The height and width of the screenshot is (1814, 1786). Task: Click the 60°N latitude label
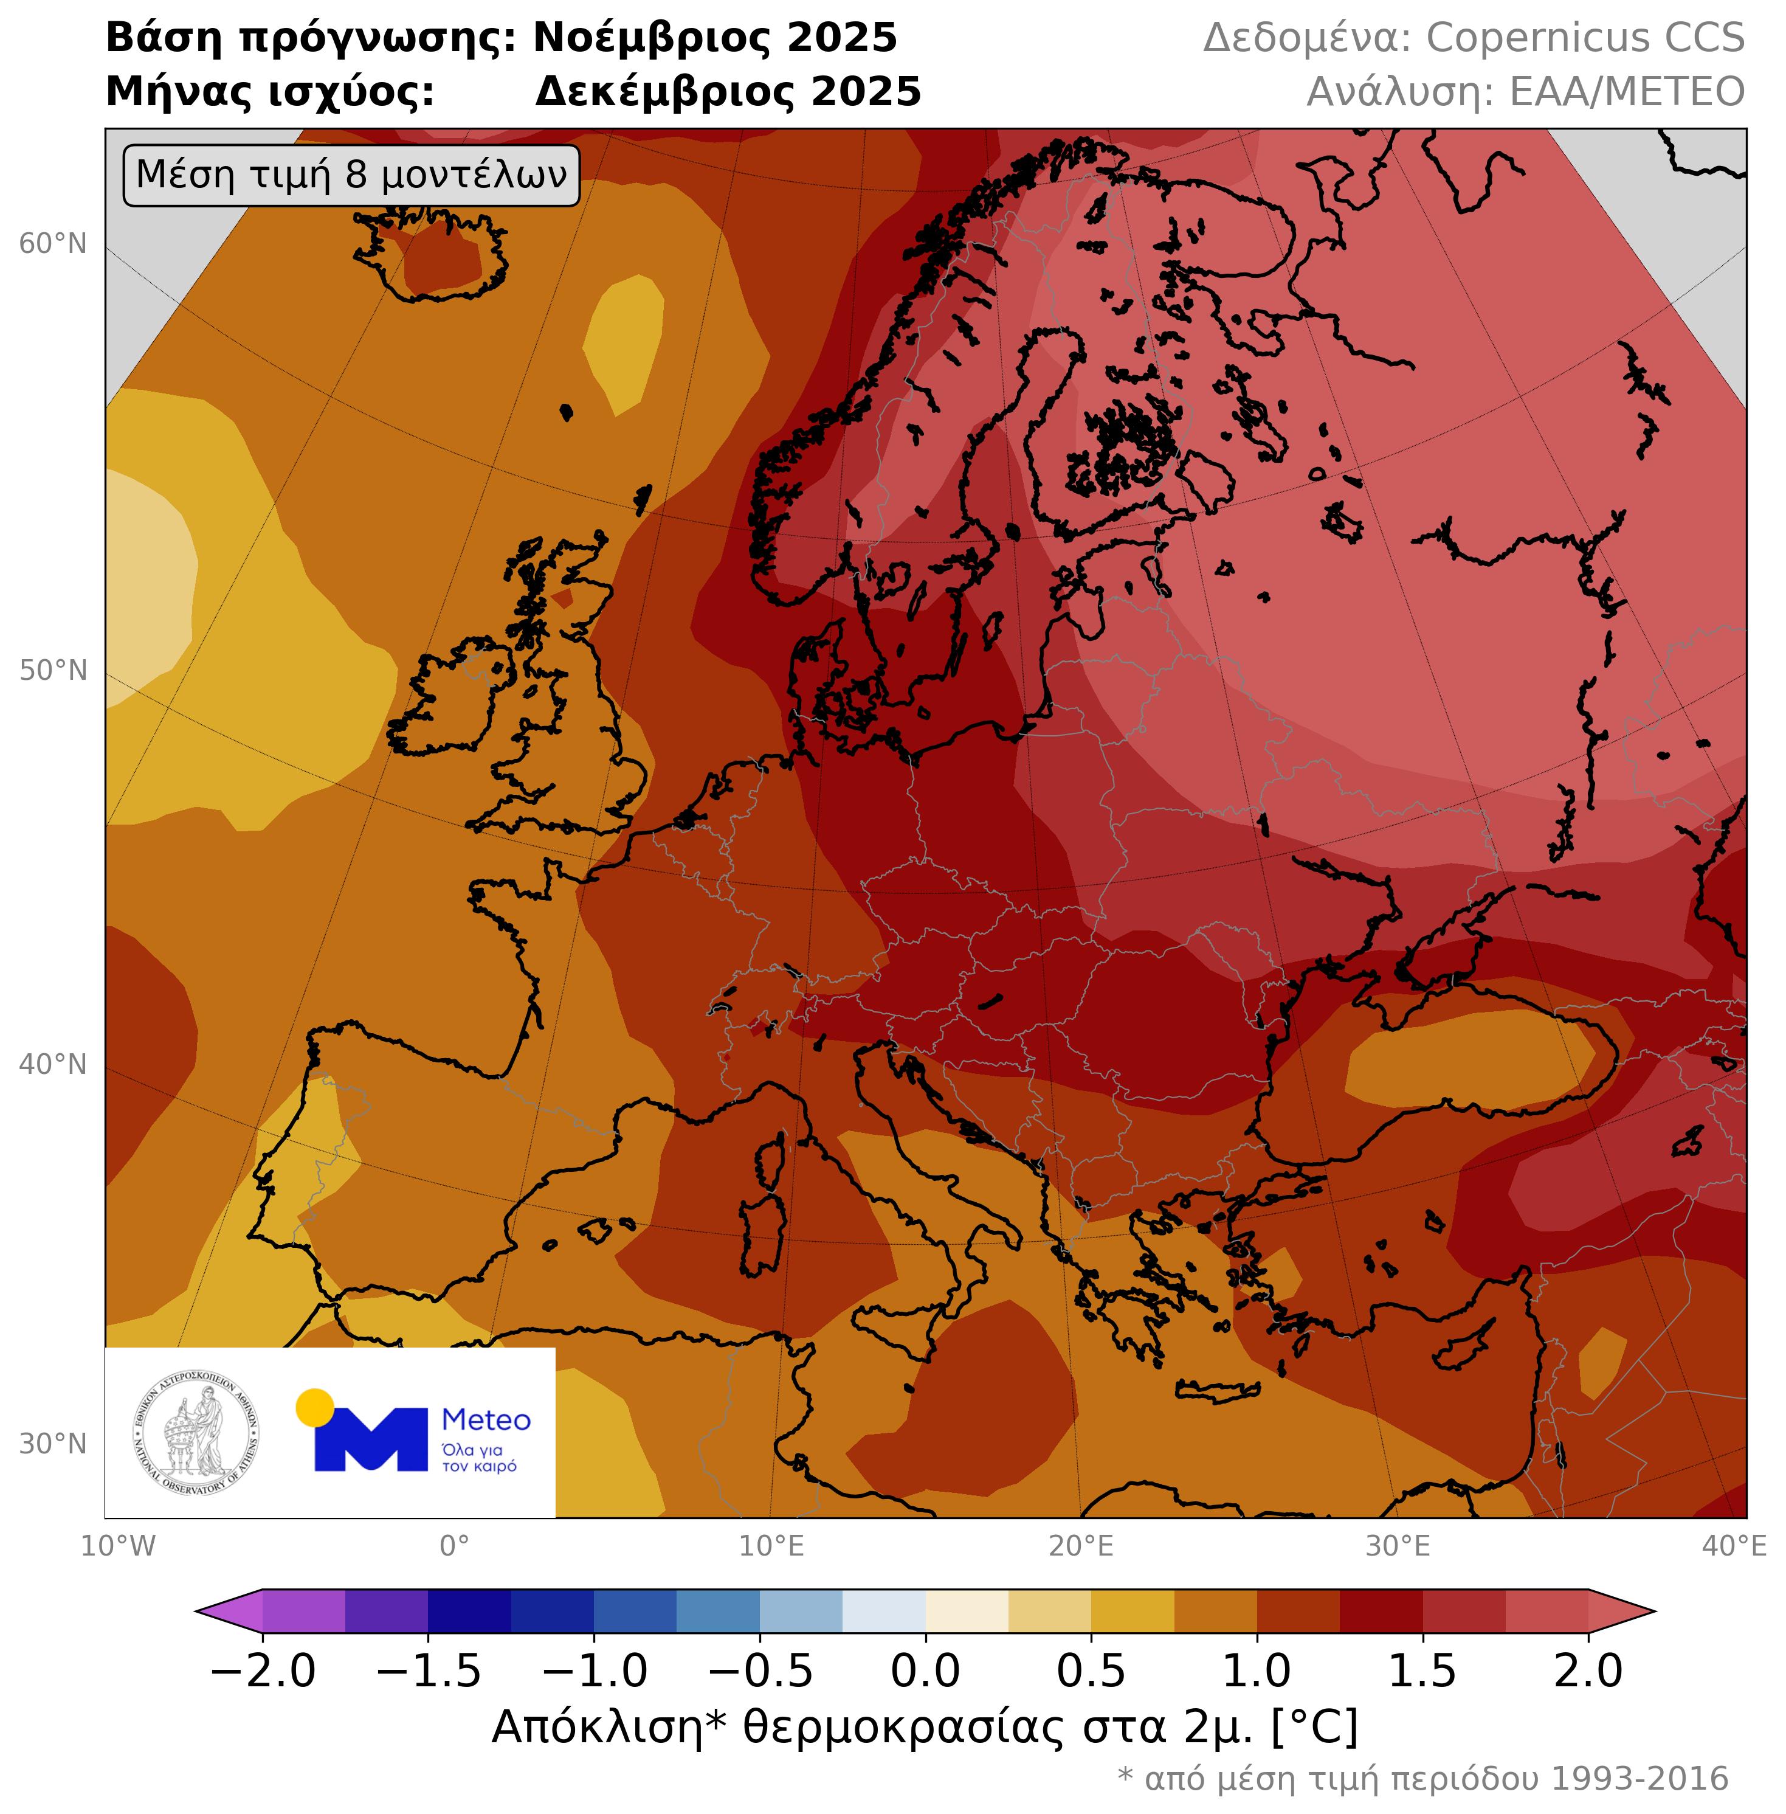coord(52,244)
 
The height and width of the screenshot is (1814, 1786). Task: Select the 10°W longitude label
coord(118,1546)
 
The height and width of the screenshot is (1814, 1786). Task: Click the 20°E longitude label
coord(1081,1546)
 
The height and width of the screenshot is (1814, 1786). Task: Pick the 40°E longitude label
coord(1734,1546)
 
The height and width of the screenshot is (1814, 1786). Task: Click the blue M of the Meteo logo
coord(371,1439)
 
